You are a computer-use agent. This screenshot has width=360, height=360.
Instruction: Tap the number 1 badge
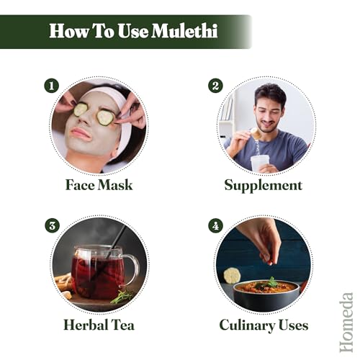[x=50, y=86]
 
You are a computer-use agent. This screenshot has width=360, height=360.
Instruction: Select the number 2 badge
[x=215, y=86]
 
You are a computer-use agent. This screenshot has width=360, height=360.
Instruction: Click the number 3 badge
[x=50, y=226]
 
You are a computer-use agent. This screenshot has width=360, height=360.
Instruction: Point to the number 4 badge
[x=215, y=226]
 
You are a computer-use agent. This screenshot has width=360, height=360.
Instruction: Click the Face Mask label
[x=99, y=185]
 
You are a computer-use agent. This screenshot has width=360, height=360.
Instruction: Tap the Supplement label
[x=263, y=185]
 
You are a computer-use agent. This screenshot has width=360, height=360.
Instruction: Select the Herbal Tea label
[x=99, y=325]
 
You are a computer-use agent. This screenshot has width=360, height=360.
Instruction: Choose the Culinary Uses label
[x=263, y=325]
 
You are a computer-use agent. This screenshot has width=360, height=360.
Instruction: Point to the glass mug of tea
[x=99, y=272]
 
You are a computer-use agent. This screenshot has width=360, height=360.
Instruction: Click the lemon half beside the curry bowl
[x=231, y=276]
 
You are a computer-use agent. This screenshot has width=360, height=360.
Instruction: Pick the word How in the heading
[x=69, y=32]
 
